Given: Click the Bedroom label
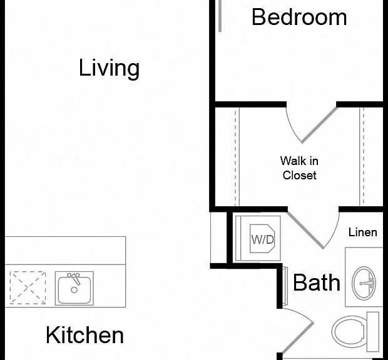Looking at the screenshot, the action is click(299, 17).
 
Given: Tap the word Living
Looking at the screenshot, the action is click(109, 68).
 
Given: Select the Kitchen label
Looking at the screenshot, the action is click(84, 335).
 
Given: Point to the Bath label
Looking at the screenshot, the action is click(317, 282).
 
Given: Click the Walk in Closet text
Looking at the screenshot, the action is click(299, 168).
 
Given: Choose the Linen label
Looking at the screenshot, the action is click(363, 232).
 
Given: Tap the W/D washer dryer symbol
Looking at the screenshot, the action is click(262, 239).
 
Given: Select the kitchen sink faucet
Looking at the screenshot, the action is click(74, 279).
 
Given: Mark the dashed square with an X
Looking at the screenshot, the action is click(28, 288).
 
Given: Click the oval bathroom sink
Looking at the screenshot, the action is click(364, 283).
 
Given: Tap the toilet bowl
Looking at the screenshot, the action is click(349, 331).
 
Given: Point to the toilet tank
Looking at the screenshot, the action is click(373, 332).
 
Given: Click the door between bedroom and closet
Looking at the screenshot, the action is click(319, 125).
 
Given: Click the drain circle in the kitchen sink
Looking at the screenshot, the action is click(74, 290).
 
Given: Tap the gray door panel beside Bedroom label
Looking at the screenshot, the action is click(220, 16).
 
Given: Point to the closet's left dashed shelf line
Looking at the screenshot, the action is click(235, 157).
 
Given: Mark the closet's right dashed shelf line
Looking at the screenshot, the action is click(364, 157).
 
